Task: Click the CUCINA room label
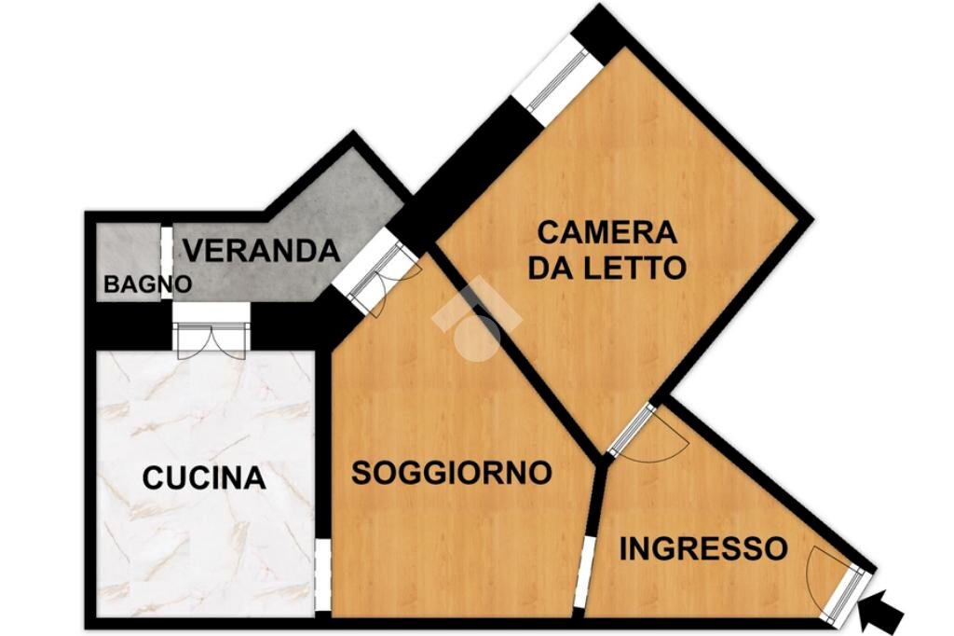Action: tap(204, 478)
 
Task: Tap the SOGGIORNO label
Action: tap(451, 473)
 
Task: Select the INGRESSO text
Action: tap(703, 548)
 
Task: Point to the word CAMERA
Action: tap(607, 231)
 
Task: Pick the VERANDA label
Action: tap(260, 251)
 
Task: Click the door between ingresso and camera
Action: tap(633, 430)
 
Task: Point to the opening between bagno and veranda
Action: tap(166, 264)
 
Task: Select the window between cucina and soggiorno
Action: tap(321, 574)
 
